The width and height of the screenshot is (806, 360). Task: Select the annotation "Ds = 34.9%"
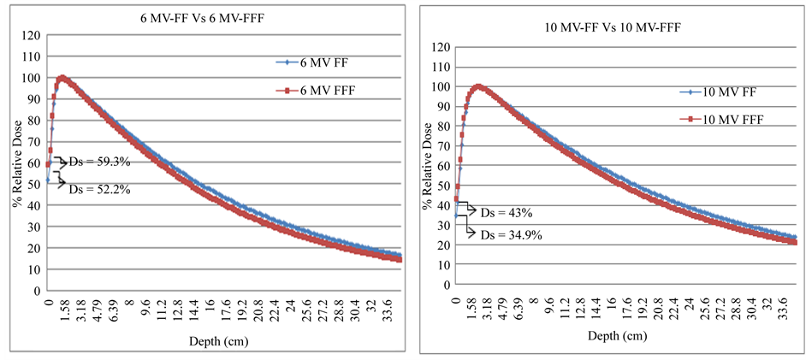tap(508, 234)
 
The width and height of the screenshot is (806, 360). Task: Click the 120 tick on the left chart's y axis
tap(33, 35)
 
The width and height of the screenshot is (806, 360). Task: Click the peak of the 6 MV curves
tap(62, 78)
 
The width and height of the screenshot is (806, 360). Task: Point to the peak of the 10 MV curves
tap(478, 86)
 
